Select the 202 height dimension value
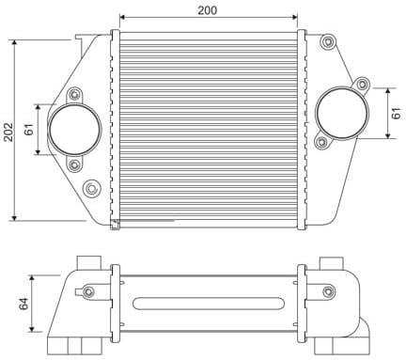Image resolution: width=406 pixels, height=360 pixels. click(x=8, y=131)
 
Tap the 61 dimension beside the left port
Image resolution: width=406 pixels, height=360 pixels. click(x=29, y=129)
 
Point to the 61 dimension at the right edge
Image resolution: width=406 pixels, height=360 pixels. click(x=397, y=113)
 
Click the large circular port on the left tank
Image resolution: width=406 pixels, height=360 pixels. click(x=74, y=130)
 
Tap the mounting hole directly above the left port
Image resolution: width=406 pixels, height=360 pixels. click(x=74, y=95)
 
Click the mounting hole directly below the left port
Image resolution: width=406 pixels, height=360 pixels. click(x=74, y=165)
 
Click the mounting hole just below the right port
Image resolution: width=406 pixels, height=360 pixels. click(x=322, y=143)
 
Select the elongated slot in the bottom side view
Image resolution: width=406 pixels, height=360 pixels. click(x=209, y=303)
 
